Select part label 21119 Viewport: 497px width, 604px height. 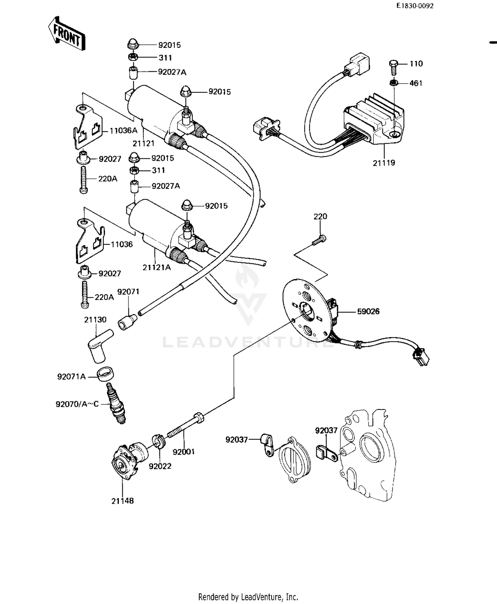(x=384, y=163)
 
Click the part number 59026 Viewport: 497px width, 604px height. (x=368, y=312)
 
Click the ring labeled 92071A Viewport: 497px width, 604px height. (x=106, y=374)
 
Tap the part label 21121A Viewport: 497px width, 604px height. (x=157, y=267)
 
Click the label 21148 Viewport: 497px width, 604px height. (x=122, y=501)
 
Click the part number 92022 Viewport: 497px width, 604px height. (x=160, y=466)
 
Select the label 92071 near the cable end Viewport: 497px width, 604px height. (x=128, y=292)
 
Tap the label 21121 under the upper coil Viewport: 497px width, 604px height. (x=143, y=143)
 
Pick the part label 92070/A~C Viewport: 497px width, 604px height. (x=77, y=404)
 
